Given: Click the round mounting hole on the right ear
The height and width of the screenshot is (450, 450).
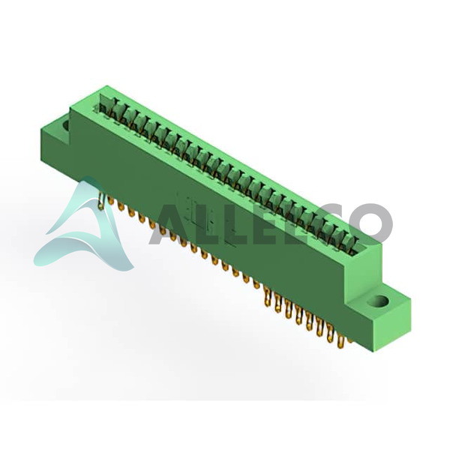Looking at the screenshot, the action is click(379, 302).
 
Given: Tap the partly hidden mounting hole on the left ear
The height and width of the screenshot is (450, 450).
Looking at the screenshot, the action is click(66, 125).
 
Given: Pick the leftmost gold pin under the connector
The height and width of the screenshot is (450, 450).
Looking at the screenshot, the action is click(100, 200).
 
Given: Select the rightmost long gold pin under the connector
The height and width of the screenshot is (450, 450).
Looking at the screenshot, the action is click(340, 341).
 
